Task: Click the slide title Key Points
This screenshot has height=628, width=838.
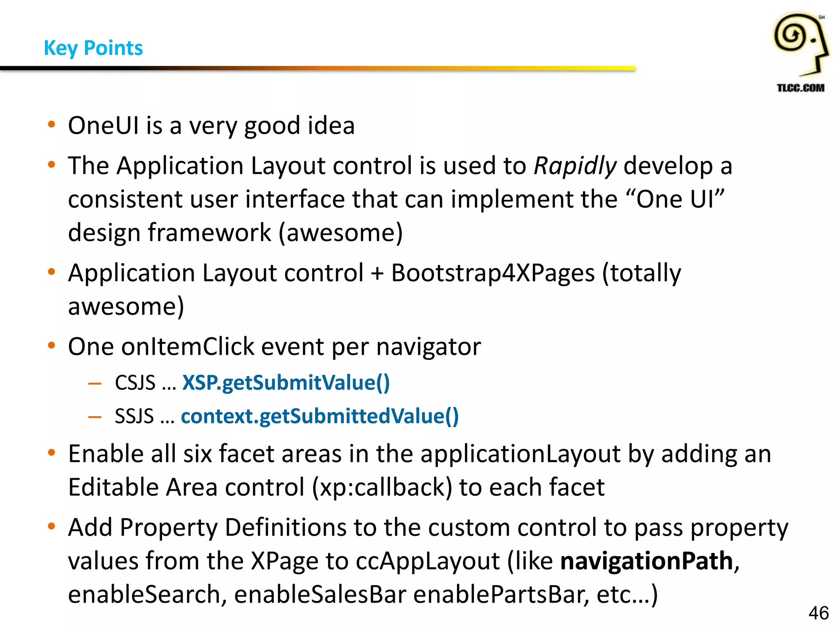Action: (93, 48)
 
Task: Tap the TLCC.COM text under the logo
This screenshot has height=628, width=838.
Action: (800, 87)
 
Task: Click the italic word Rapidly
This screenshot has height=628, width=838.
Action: (575, 166)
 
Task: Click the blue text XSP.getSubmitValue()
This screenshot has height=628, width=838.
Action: (286, 383)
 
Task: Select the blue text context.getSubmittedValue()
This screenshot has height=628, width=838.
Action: (320, 417)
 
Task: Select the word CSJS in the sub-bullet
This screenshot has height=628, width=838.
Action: (135, 383)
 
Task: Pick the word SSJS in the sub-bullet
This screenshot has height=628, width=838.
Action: (134, 417)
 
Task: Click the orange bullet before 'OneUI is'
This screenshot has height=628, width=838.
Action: (51, 124)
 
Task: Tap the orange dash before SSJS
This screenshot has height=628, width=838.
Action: (95, 417)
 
